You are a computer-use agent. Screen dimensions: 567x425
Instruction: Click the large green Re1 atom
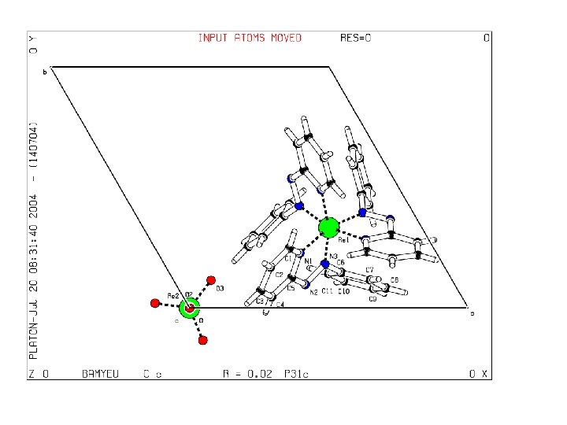click(328, 228)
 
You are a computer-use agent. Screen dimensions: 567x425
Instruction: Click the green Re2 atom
click(189, 308)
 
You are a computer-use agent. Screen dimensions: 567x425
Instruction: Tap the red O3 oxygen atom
click(210, 279)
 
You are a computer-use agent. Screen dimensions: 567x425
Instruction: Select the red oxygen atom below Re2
click(202, 340)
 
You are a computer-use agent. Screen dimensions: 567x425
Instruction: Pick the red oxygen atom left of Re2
click(155, 303)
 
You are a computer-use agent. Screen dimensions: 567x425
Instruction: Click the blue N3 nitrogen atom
click(325, 264)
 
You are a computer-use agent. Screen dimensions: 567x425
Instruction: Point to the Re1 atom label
click(343, 241)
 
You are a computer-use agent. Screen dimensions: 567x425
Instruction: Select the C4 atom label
click(280, 304)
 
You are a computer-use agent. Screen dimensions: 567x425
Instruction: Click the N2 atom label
click(313, 292)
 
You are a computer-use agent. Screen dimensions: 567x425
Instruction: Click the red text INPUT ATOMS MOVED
click(250, 38)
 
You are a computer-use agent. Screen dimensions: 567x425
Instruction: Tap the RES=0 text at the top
click(355, 38)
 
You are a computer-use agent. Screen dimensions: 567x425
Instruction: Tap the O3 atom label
click(220, 289)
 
